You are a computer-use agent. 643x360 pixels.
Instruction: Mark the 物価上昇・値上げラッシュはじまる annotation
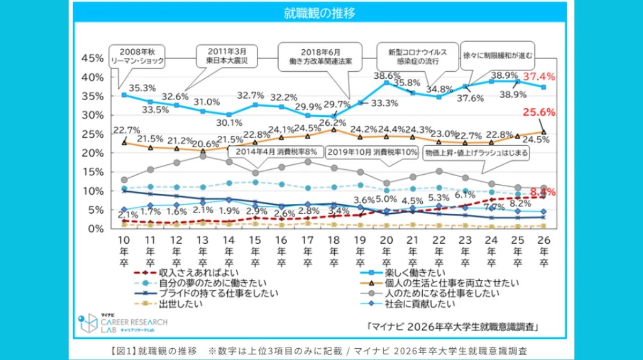pyautogui.click(x=476, y=153)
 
